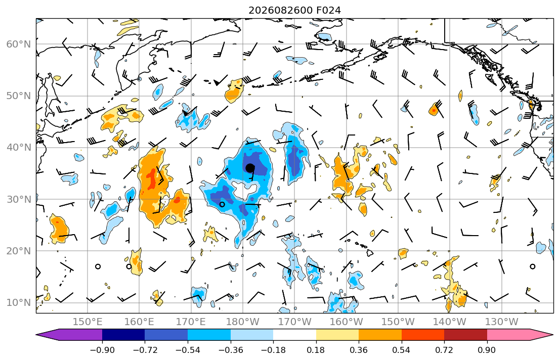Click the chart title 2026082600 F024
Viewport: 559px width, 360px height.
point(294,10)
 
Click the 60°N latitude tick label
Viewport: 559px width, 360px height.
point(19,44)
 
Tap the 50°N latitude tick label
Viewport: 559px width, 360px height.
point(19,96)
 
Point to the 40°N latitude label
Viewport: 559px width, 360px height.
point(19,148)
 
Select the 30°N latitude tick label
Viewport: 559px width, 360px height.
point(19,199)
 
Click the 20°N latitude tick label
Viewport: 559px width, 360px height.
point(19,251)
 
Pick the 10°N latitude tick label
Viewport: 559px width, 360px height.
point(19,303)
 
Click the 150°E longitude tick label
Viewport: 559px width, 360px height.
point(88,322)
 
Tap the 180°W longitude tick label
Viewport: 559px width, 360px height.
point(243,322)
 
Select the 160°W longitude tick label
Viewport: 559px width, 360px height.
point(347,322)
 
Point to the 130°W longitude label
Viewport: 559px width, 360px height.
point(502,322)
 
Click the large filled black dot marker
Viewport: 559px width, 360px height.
point(250,167)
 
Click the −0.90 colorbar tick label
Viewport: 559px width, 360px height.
point(102,350)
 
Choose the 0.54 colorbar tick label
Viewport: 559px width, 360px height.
point(402,350)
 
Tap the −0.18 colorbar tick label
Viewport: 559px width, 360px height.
point(273,350)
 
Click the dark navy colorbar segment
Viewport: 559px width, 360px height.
point(123,335)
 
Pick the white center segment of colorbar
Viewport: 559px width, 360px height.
point(294,335)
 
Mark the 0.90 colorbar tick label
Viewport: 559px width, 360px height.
point(487,350)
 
